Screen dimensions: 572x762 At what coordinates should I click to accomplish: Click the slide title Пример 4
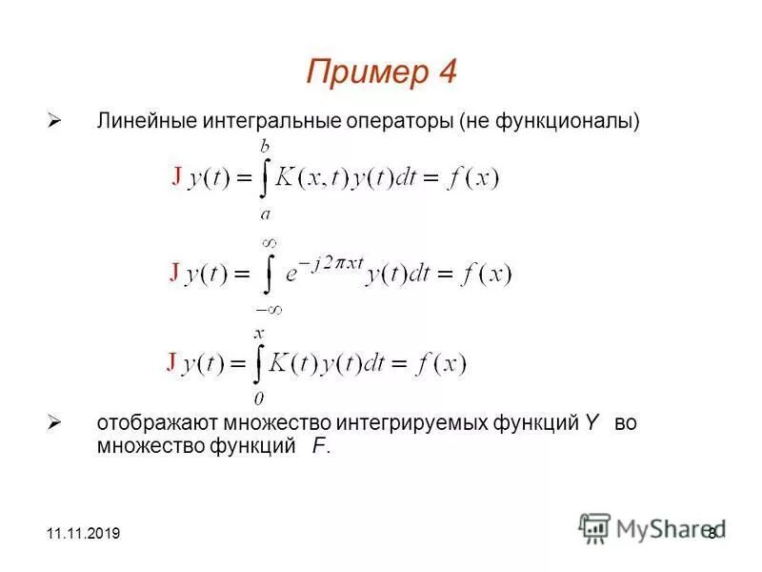382,71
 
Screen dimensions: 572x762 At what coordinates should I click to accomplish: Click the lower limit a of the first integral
265,214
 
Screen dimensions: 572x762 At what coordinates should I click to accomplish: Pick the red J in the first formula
177,176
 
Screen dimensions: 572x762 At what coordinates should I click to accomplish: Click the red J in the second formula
174,273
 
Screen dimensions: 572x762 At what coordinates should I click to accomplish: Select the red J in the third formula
171,361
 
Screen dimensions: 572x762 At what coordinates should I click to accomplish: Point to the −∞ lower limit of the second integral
269,309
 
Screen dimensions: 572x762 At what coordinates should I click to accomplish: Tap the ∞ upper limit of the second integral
270,243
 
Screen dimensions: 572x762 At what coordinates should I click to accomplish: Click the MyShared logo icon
595,527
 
